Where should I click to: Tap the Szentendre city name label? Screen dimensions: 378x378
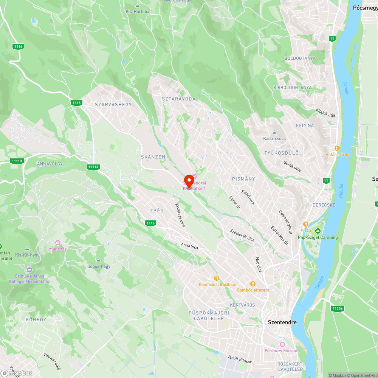[x=282, y=322]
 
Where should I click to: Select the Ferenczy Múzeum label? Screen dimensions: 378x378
[x=287, y=351]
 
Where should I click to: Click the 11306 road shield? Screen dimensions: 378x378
[x=337, y=308]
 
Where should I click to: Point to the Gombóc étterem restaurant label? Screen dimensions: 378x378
[x=253, y=290]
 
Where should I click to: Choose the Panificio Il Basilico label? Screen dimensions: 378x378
[x=217, y=284]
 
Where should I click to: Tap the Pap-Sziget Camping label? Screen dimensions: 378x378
[x=318, y=237]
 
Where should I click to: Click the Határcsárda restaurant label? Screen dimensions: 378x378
[x=337, y=154]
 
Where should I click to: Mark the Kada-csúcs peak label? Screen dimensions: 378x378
[x=274, y=138]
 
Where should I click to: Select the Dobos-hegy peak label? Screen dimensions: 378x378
[x=99, y=266]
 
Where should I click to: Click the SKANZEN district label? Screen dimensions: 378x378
[x=153, y=156]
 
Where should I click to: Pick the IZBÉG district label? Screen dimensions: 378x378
[x=156, y=211]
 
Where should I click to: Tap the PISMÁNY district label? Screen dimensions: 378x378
[x=243, y=179]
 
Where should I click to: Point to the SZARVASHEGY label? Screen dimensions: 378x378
[x=113, y=104]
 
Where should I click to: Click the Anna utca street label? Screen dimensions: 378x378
[x=189, y=246]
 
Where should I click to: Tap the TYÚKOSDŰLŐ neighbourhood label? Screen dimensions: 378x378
[x=281, y=153]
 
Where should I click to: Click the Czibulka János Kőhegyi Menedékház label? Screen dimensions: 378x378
[x=29, y=279]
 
